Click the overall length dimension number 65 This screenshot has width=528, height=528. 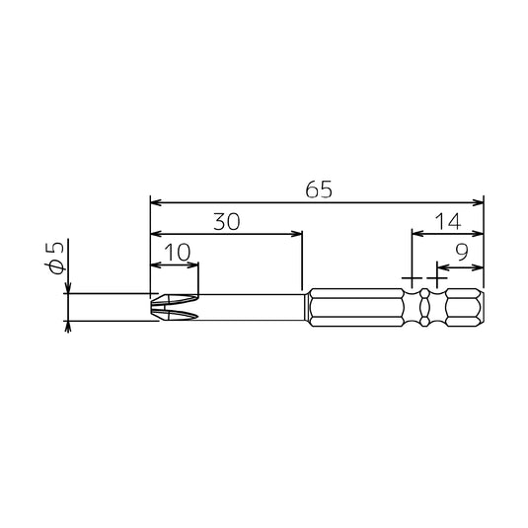[x=319, y=189]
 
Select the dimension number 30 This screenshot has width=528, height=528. [x=227, y=222]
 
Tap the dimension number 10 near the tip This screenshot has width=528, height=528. [x=178, y=253]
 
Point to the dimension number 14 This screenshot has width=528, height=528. [x=448, y=222]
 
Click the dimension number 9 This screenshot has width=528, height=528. [x=462, y=252]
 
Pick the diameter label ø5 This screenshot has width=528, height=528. [x=54, y=258]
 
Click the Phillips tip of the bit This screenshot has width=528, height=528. [x=174, y=307]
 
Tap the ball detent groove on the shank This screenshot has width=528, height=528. [x=424, y=307]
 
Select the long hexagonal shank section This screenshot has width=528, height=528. [x=356, y=308]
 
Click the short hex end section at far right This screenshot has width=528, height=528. [x=465, y=308]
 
